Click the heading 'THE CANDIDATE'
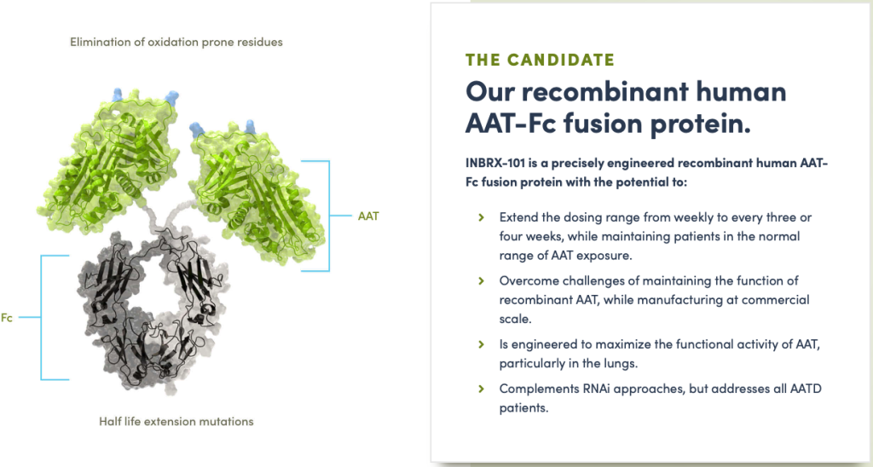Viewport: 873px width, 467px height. [540, 60]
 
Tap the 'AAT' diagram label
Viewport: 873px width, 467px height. [368, 216]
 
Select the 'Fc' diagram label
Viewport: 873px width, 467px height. [7, 318]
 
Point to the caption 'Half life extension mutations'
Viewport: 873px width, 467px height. [176, 421]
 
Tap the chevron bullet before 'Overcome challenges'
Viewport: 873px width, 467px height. [481, 280]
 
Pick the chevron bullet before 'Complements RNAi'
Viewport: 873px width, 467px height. [481, 389]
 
